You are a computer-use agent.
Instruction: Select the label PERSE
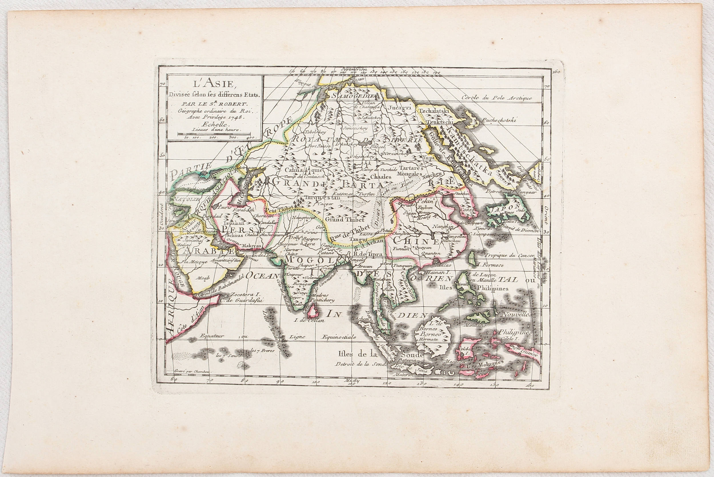point(243,228)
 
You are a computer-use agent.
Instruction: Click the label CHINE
point(416,241)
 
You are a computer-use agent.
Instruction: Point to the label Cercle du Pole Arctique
point(497,98)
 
